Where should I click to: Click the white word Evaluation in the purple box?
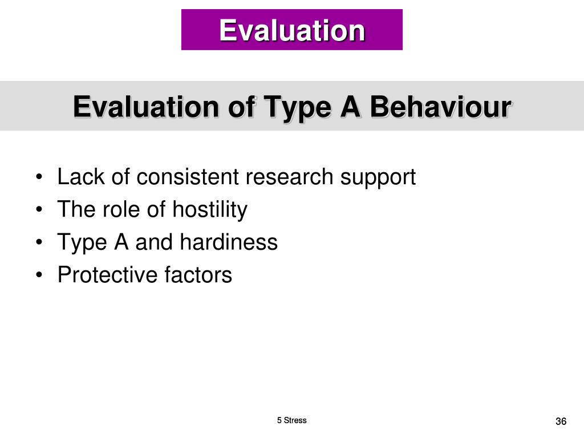coord(292,30)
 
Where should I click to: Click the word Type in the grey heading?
coord(298,108)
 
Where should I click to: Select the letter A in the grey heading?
coord(351,107)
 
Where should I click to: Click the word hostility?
coord(210,210)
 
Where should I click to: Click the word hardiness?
coord(229,242)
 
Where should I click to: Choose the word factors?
coord(198,275)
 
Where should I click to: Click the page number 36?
coord(561,421)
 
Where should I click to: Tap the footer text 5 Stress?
coord(291,420)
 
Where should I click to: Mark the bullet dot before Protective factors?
coord(39,275)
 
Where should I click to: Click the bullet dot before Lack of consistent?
coord(39,177)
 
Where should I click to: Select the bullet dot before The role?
coord(39,210)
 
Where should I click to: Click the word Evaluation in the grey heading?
coord(146,107)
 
